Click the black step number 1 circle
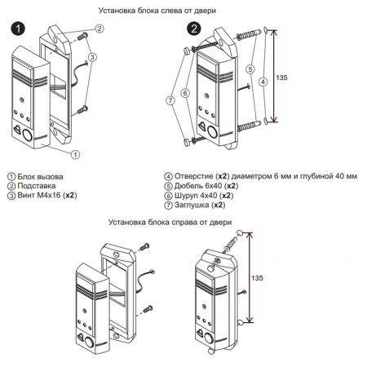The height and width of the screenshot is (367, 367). pos(18,29)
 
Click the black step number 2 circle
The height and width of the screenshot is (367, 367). pos(194,29)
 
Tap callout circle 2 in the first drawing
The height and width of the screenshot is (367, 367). pos(99,29)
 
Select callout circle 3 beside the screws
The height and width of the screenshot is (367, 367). pos(92,57)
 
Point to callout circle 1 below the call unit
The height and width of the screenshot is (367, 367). pos(75,155)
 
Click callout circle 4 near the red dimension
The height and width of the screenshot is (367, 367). pos(263,82)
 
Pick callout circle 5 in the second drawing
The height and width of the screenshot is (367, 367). pos(250,69)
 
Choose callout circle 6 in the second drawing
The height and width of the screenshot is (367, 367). pos(185,93)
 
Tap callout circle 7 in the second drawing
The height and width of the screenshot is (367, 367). pos(170,100)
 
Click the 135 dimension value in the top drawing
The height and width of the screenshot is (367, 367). pos(281,77)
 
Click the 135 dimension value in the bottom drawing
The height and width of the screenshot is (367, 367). pos(257,278)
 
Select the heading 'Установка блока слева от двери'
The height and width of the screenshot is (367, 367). pos(157,11)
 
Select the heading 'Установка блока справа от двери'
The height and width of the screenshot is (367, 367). pos(170,222)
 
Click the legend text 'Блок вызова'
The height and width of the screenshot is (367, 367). pos(40,177)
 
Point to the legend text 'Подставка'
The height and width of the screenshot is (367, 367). pos(37,186)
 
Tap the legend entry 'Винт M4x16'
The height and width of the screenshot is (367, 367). pos(39,195)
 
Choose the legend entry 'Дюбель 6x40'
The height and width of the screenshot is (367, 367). pos(198,186)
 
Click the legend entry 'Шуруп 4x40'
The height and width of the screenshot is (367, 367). pos(196,196)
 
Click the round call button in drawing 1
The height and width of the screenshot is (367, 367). pos(27,135)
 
